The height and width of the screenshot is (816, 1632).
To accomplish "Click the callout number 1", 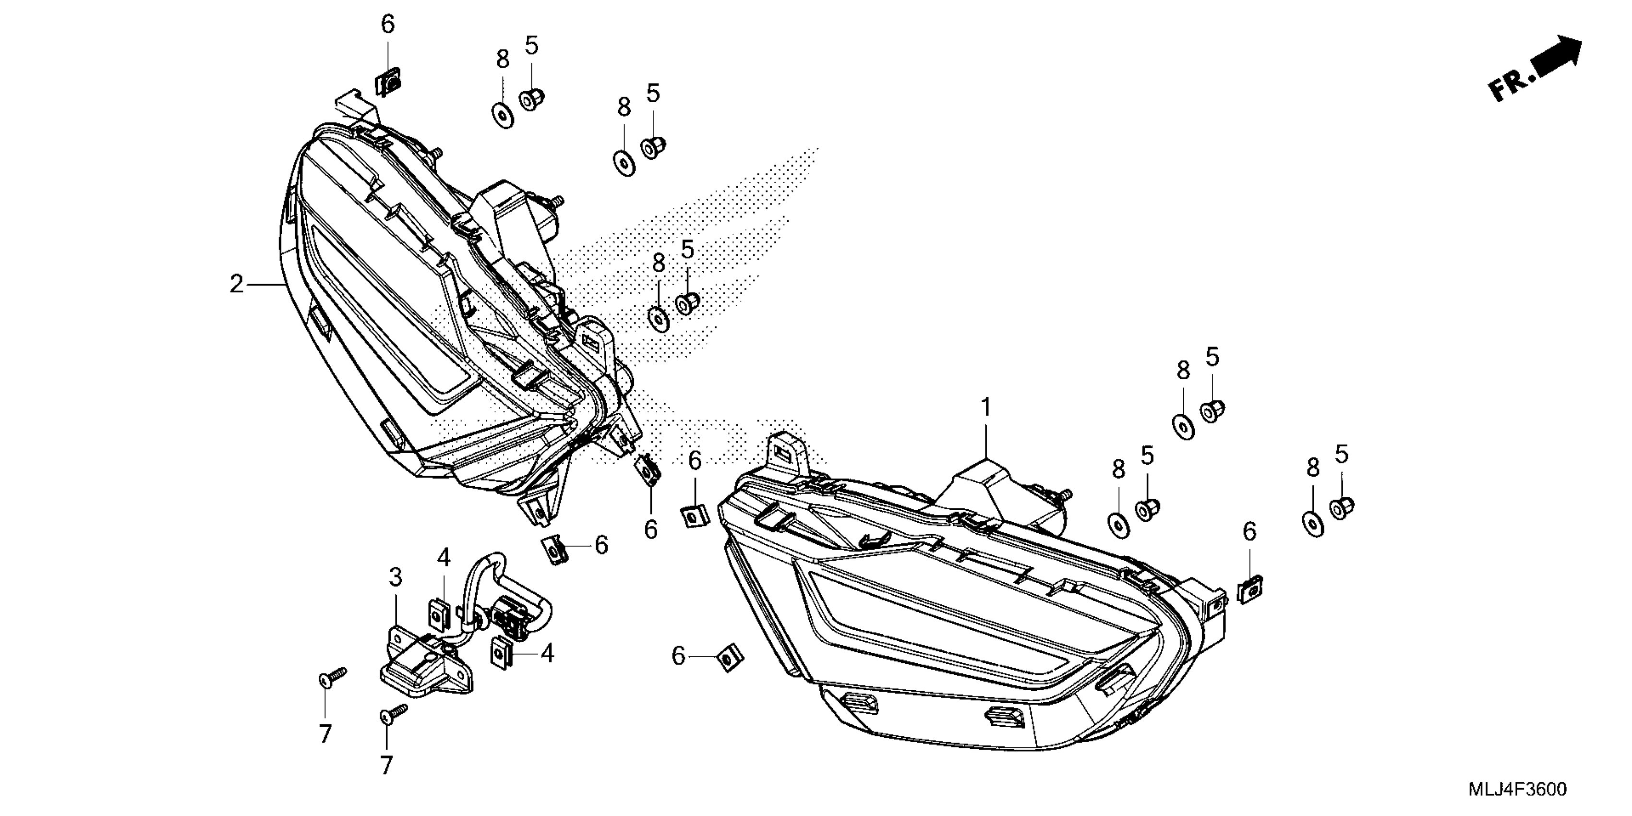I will tap(986, 408).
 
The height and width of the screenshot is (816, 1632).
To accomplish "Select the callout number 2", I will tap(236, 284).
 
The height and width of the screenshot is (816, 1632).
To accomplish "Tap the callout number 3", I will tap(396, 577).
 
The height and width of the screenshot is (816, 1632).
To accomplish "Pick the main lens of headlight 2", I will tap(380, 317).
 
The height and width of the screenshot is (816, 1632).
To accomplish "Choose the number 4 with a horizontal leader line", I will tap(547, 653).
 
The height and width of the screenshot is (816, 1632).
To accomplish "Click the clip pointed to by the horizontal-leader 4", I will tap(502, 651).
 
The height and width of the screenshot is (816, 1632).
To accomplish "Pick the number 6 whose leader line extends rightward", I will tap(679, 656).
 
